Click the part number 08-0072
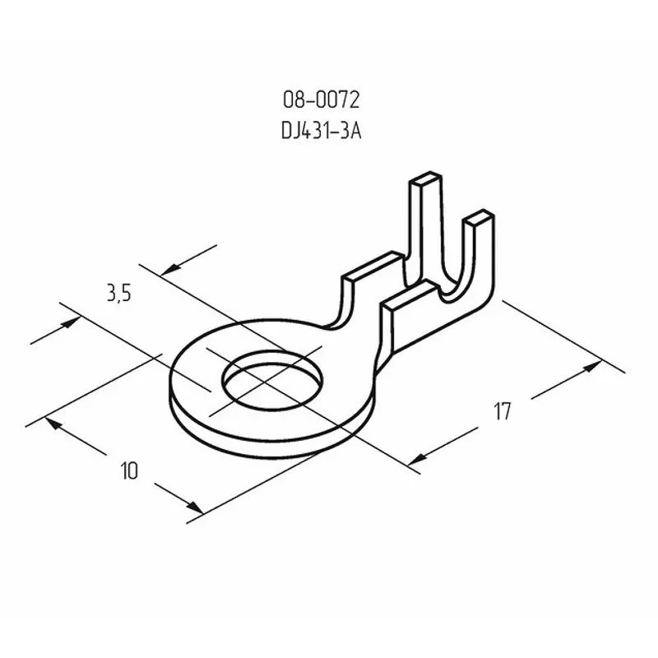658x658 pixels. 321,100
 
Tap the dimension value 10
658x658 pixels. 128,470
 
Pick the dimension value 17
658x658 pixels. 503,410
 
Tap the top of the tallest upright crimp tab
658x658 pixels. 425,178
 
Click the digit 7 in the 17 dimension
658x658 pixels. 507,410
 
